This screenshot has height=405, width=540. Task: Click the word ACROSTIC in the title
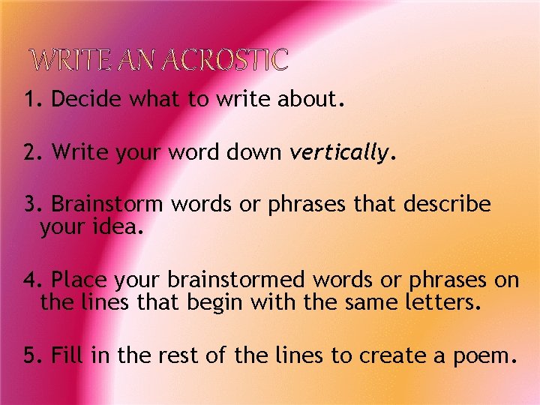[225, 59]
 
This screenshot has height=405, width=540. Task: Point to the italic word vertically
[340, 154]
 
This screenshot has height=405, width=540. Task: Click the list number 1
[29, 100]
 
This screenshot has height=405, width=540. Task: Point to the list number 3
[30, 204]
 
